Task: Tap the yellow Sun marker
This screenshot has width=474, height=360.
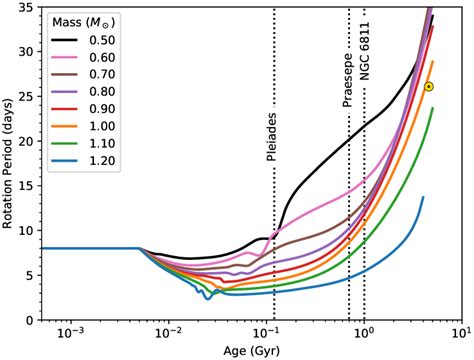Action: point(428,87)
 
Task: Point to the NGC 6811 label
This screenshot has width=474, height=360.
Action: point(364,68)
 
